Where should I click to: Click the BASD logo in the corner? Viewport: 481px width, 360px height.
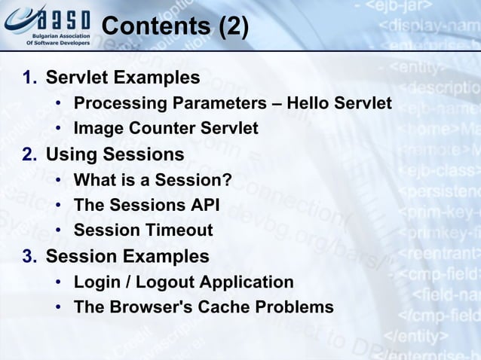(47, 25)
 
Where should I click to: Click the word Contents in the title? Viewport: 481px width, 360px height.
(155, 27)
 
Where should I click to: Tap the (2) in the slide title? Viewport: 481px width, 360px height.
(231, 27)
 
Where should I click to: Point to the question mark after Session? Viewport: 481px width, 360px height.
(226, 180)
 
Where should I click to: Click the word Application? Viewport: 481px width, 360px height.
(247, 282)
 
